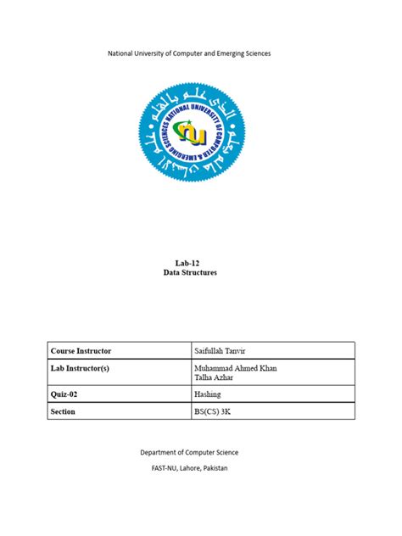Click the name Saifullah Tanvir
click(221, 350)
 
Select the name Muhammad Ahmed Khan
click(236, 368)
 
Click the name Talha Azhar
click(213, 377)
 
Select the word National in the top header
click(123, 54)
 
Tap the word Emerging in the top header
click(225, 54)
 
